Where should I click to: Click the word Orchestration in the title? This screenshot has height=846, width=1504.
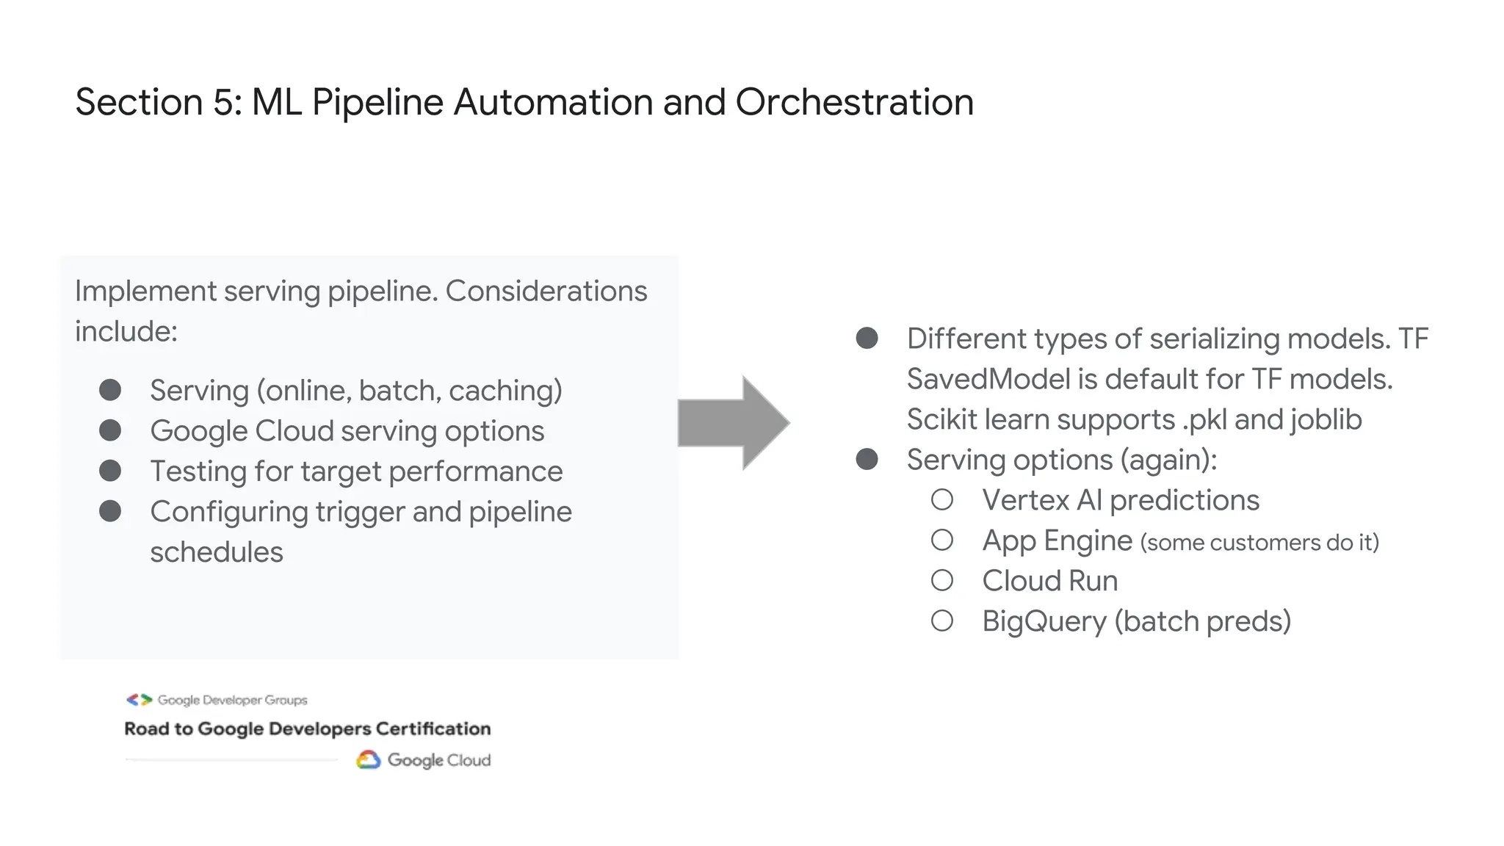[854, 102]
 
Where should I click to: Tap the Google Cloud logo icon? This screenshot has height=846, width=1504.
[368, 760]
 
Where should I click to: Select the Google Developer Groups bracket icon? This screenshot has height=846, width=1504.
[139, 700]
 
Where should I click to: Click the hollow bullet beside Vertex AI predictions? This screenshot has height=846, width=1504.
[942, 500]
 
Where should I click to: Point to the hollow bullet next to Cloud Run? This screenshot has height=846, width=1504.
[942, 581]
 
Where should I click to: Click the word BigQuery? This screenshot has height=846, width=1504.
[1044, 622]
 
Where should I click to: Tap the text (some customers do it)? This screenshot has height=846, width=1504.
[1259, 543]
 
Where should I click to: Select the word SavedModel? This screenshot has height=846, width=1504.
[988, 380]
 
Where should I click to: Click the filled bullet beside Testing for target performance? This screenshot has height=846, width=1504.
[110, 471]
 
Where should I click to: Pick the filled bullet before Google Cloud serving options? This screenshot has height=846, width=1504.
[110, 430]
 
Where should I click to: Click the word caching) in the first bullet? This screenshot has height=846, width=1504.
[505, 391]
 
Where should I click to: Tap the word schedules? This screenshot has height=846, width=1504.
[216, 552]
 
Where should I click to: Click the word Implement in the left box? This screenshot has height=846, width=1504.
[145, 292]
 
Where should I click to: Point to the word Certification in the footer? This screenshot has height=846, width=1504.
[433, 728]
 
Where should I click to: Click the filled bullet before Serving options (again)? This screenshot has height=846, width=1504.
[867, 460]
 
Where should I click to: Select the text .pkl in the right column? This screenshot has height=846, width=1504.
[1204, 419]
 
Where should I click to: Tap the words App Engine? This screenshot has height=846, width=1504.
[1057, 541]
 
